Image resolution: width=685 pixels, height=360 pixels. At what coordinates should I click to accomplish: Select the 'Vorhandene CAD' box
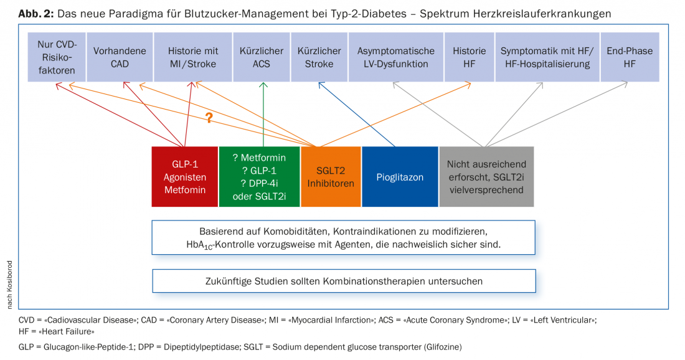120,57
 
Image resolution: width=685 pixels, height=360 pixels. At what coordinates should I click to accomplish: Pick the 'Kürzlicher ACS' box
261,57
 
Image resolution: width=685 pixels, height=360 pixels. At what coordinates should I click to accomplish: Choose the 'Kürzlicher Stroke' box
319,57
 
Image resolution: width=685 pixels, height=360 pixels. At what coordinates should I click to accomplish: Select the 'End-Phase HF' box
630,57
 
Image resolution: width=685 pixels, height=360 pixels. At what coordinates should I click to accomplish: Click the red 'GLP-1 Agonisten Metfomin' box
185,176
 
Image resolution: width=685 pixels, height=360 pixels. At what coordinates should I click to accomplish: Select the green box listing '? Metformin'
259,176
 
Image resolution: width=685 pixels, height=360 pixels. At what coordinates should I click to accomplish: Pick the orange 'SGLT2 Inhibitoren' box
330,176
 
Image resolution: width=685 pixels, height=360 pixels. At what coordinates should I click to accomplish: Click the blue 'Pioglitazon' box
400,177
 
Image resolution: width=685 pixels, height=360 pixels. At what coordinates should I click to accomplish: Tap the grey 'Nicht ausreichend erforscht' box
486,176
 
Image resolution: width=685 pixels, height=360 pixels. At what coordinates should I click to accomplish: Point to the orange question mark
209,117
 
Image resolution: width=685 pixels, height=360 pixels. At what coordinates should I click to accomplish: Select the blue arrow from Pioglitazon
361,115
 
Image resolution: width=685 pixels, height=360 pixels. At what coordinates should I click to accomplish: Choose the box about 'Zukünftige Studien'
344,281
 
